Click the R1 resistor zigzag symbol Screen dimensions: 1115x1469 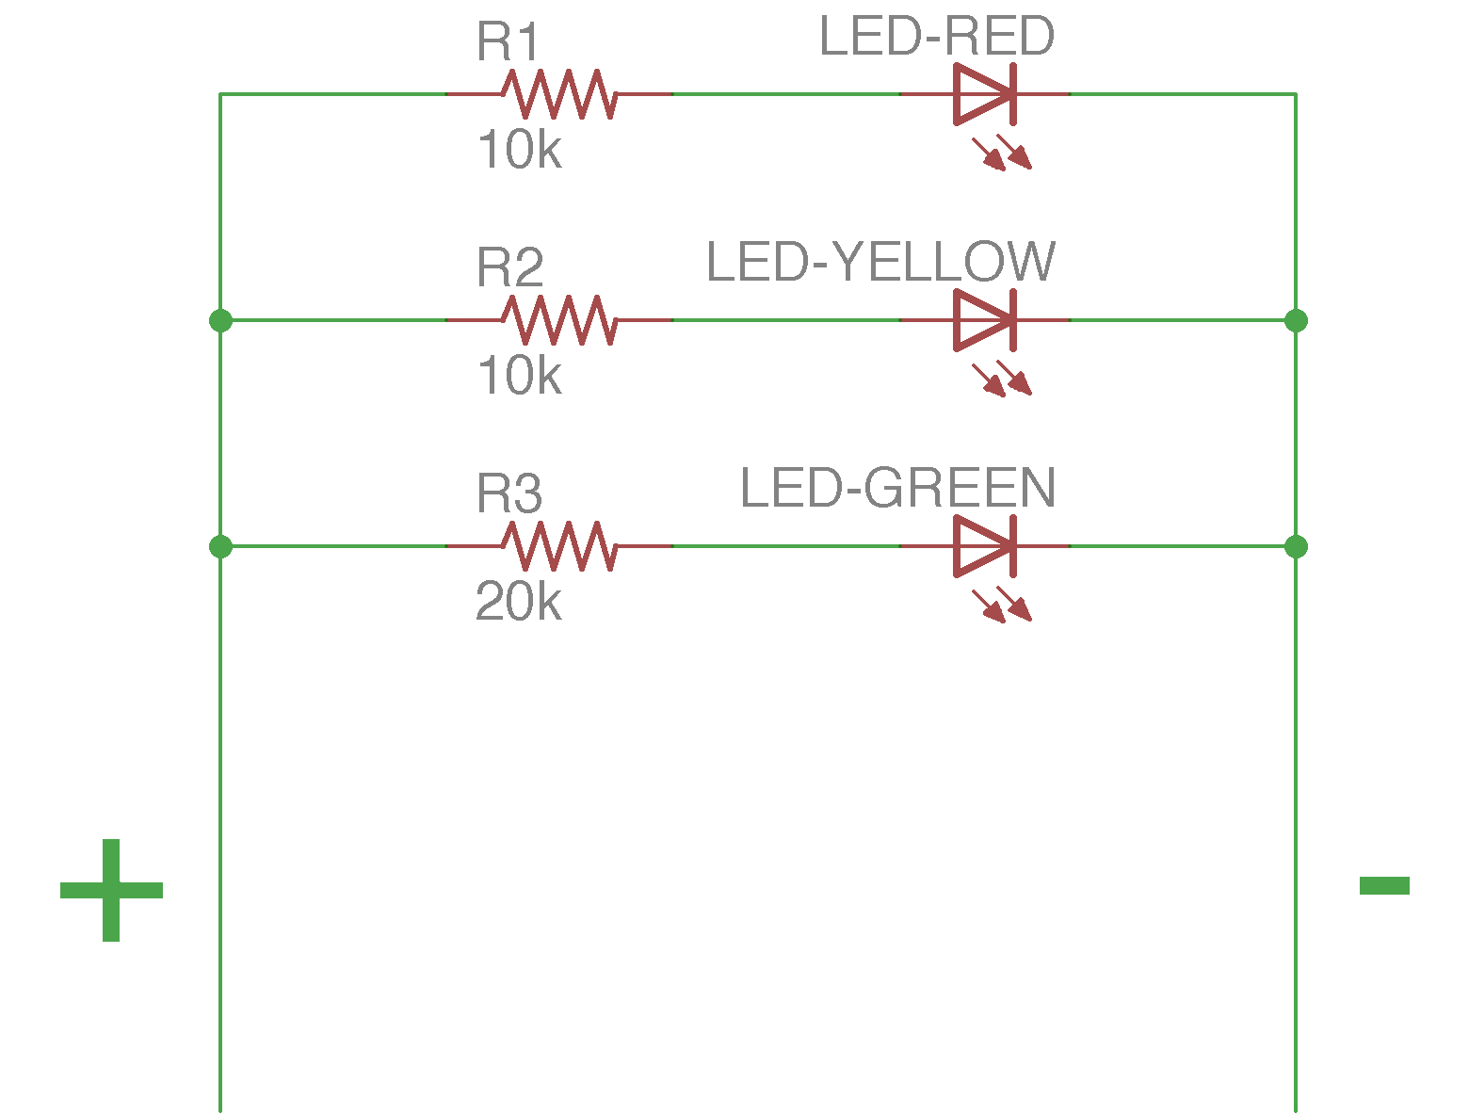(558, 94)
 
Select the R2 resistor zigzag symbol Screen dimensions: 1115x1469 (558, 320)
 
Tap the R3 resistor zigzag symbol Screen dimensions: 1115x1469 (558, 546)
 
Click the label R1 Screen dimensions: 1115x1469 (509, 42)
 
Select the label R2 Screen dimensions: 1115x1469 (509, 268)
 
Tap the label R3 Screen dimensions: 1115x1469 (509, 494)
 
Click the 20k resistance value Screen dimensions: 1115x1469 (519, 603)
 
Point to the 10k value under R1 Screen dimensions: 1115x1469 (519, 151)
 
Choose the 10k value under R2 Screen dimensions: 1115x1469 (519, 377)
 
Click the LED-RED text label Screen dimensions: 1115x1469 (937, 38)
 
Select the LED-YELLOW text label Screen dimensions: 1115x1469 (880, 263)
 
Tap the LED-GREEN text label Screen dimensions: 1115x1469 (897, 489)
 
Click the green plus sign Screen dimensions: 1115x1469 (111, 890)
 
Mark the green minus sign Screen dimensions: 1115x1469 (1384, 885)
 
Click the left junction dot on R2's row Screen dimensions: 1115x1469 (220, 320)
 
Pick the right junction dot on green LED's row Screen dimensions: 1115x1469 (1296, 546)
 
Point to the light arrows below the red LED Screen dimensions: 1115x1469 (1002, 153)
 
